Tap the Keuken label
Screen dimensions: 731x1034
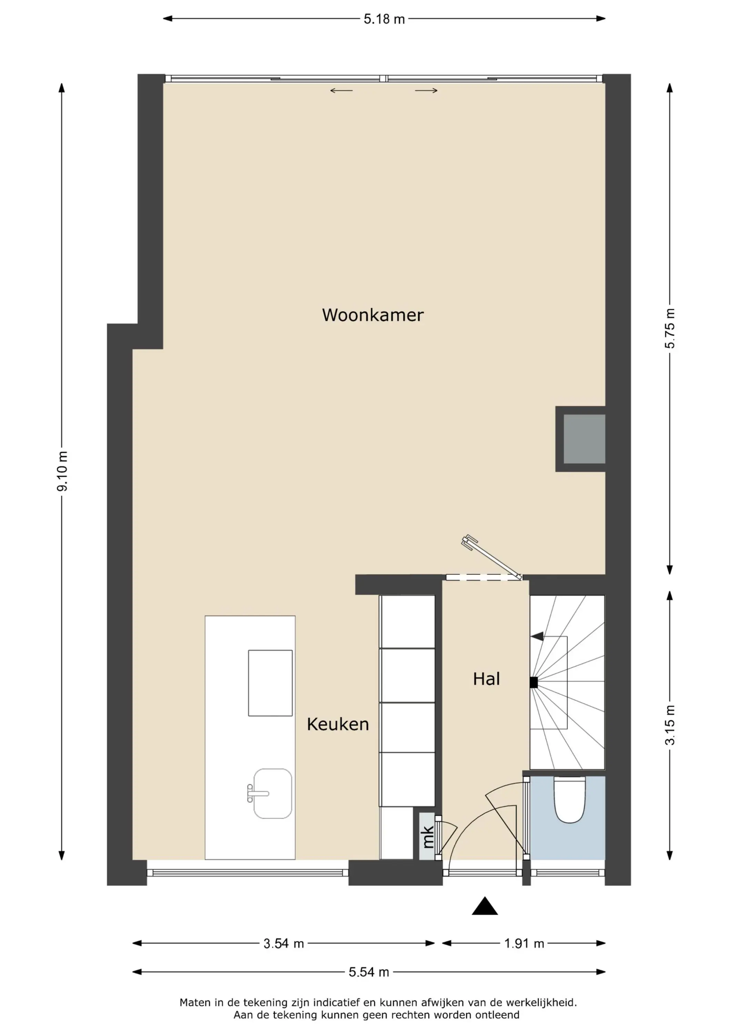tap(338, 724)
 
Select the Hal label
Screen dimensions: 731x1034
tap(486, 679)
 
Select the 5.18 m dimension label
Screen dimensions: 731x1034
tap(384, 19)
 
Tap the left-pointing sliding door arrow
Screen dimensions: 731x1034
tap(342, 91)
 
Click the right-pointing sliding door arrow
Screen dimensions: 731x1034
tap(426, 91)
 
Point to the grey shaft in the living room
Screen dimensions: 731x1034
tap(584, 439)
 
